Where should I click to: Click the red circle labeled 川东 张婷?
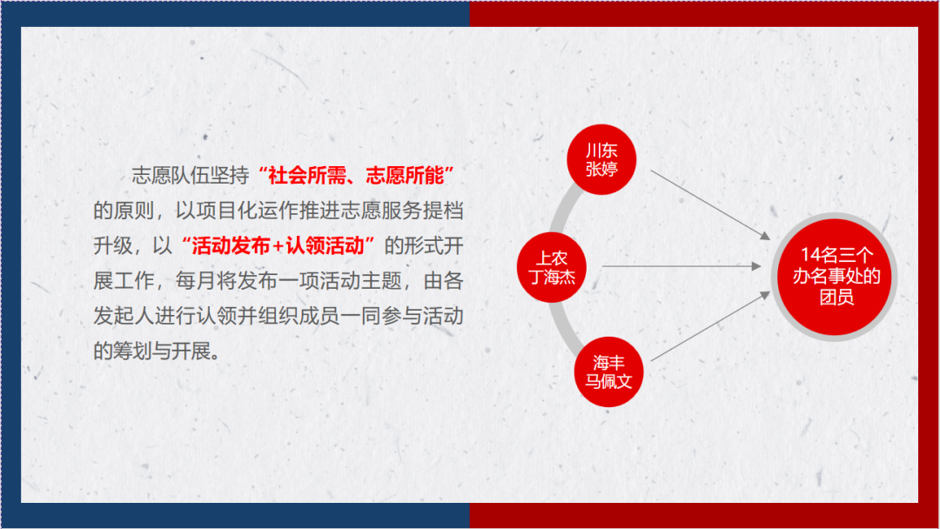(601, 159)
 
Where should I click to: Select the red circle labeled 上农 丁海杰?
(552, 267)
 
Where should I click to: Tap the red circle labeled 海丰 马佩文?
(608, 372)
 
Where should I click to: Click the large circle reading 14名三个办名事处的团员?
(835, 277)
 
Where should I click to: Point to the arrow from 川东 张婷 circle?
(710, 204)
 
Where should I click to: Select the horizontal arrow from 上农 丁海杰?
(681, 265)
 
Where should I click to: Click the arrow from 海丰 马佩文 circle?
(710, 326)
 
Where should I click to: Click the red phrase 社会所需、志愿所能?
(355, 176)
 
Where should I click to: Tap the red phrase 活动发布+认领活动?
(278, 245)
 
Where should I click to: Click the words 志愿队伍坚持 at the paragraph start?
(191, 176)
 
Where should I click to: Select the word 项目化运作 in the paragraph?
(247, 211)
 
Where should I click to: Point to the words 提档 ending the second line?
(443, 211)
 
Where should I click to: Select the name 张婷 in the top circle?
(601, 169)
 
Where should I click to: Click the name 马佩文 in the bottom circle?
(608, 382)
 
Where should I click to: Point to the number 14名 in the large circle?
(819, 255)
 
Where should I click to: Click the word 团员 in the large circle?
(836, 297)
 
